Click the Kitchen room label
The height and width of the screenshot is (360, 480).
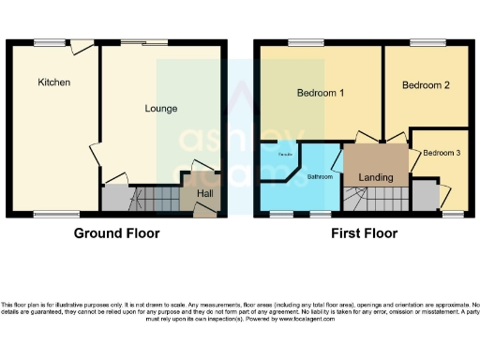click(54, 82)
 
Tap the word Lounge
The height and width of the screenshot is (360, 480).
click(161, 109)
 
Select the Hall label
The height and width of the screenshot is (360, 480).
click(205, 194)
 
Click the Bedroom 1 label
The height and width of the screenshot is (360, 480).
click(321, 94)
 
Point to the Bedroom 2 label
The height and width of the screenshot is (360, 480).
click(427, 85)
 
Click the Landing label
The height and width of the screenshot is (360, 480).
click(376, 177)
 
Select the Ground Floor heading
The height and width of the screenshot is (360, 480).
click(117, 233)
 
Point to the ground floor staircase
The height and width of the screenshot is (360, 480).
click(153, 199)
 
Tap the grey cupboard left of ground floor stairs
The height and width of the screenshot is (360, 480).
click(113, 198)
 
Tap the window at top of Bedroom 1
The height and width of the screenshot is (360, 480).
click(300, 41)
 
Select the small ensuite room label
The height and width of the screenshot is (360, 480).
click(280, 152)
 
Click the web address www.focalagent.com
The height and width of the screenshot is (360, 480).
click(305, 319)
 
